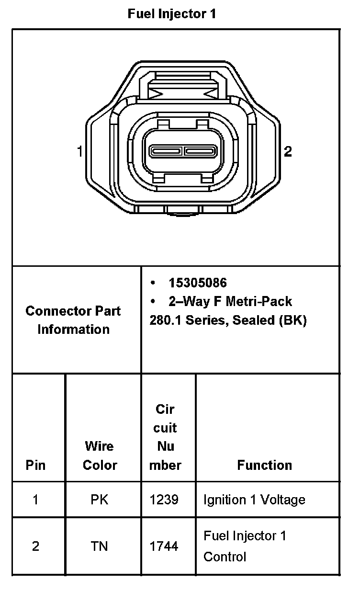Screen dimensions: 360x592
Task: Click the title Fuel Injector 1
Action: click(172, 14)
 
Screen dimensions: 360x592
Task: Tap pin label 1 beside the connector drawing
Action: click(79, 152)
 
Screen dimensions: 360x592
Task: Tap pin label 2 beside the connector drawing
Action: click(288, 152)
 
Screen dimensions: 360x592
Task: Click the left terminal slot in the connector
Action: click(166, 151)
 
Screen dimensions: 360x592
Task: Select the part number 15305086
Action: click(197, 283)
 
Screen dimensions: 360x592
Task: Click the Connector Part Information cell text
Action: click(73, 320)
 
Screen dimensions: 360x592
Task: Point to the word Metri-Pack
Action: click(259, 301)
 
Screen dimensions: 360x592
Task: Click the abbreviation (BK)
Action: click(292, 320)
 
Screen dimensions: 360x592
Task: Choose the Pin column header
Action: click(35, 465)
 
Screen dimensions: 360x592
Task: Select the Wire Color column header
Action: click(100, 455)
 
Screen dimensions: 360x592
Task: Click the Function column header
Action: click(264, 465)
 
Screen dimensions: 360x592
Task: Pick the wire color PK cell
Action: click(100, 500)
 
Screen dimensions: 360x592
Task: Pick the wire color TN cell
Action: click(100, 546)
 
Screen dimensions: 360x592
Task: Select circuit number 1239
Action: click(164, 500)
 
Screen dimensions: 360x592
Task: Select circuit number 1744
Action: click(164, 546)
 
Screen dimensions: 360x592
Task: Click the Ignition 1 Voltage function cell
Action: click(254, 500)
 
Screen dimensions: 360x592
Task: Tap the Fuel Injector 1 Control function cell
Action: click(245, 546)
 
